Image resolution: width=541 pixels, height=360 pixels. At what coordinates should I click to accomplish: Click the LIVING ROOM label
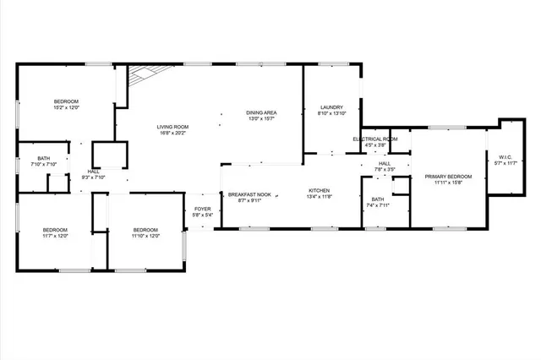pos(172,127)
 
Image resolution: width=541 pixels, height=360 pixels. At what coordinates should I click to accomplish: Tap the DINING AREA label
pos(262,113)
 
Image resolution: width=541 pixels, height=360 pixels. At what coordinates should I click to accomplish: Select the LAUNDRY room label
pos(331,107)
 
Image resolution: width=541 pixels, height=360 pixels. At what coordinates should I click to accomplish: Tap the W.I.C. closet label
pos(505,156)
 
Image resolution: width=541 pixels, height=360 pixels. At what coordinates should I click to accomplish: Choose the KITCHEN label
pos(319,191)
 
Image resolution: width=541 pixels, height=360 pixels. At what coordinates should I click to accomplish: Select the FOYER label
pos(203,208)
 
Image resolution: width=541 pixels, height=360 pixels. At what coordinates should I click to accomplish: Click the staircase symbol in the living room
pos(140,79)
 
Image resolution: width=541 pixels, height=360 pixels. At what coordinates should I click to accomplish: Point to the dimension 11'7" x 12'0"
pos(56,236)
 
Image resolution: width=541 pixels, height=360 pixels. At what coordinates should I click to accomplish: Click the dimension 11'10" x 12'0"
pos(145,236)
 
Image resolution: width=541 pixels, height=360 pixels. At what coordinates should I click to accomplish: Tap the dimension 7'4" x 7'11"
pos(377,205)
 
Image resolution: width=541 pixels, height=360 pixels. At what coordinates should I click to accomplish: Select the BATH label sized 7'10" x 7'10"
pos(43,158)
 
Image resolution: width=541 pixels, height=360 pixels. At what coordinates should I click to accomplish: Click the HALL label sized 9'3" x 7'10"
pos(93,172)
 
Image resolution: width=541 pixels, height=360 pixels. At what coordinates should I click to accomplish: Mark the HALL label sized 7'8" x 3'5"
pos(385,164)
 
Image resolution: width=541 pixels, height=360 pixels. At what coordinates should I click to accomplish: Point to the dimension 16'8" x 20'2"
pos(172,133)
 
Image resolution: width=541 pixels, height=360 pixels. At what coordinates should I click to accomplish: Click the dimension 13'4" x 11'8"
pos(319,197)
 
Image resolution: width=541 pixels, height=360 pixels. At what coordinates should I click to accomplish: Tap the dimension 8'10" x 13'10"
pos(331,113)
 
